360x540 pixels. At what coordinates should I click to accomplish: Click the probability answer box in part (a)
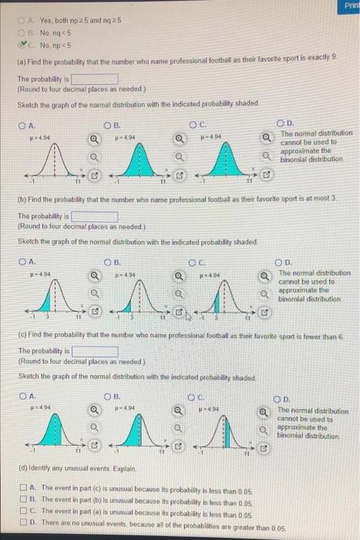[96, 79]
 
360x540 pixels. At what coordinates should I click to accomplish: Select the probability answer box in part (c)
[96, 351]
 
